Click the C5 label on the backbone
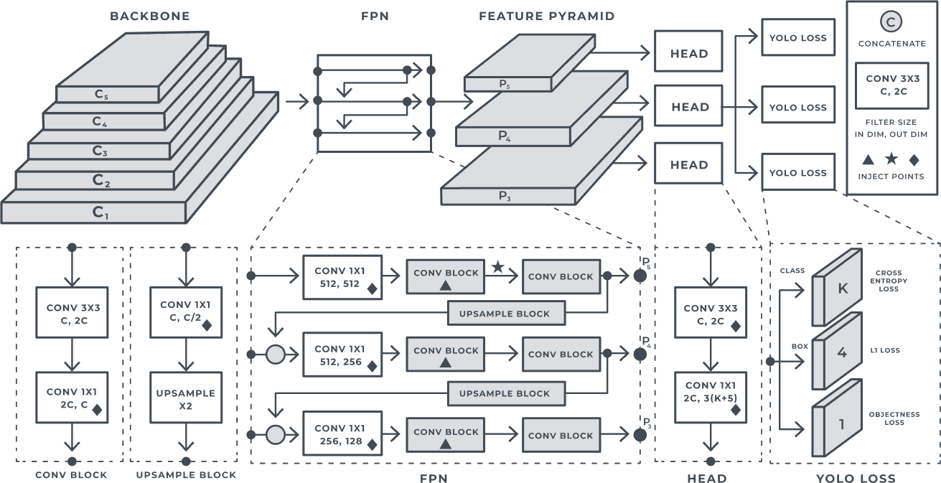(100, 94)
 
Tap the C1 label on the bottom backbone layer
(100, 212)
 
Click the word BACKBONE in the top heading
(150, 16)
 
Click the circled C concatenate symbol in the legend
(891, 22)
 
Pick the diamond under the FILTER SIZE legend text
(914, 159)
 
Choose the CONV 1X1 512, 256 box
(342, 355)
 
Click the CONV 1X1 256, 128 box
(342, 434)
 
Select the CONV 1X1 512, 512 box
(342, 276)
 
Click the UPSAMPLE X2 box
(186, 399)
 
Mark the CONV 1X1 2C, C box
(72, 398)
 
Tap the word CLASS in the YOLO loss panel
(792, 271)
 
